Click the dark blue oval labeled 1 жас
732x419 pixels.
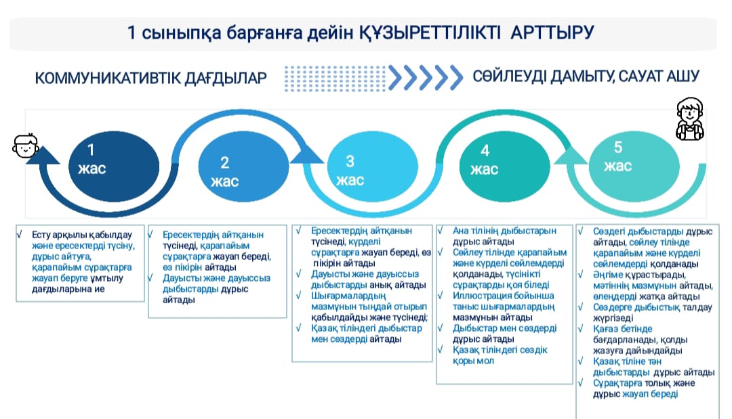point(114,167)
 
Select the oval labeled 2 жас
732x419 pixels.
point(243,167)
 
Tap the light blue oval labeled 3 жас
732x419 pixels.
point(372,167)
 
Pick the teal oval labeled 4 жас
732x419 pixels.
point(505,167)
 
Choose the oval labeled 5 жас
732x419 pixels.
point(634,167)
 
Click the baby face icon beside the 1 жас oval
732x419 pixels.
point(25,146)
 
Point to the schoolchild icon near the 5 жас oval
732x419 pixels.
point(689,119)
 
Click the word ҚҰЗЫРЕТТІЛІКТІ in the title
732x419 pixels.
point(430,32)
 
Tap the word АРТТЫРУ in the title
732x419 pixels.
point(552,32)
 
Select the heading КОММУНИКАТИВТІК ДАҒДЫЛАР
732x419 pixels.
point(150,78)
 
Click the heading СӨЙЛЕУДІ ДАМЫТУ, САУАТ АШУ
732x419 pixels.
point(586,76)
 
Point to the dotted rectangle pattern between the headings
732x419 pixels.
point(335,78)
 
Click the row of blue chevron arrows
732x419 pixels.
point(425,78)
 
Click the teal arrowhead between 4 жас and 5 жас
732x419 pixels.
point(571,155)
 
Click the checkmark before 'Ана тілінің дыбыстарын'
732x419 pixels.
point(441,230)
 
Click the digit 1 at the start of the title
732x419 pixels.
point(131,32)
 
